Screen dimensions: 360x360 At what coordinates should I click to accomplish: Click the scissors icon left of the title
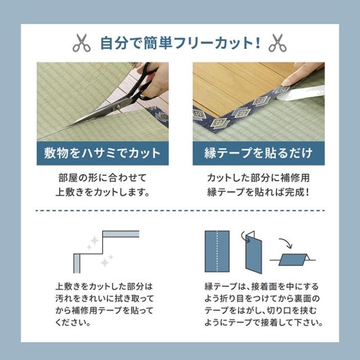[x=81, y=43]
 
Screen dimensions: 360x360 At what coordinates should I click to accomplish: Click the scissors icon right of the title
[x=278, y=43]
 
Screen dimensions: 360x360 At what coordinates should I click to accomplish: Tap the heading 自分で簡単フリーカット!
[x=179, y=43]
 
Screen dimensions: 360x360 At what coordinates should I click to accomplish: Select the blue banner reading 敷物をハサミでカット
[x=102, y=153]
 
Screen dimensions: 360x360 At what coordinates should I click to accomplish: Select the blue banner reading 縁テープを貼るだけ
[x=258, y=153]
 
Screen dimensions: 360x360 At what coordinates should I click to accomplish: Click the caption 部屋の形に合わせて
[x=102, y=178]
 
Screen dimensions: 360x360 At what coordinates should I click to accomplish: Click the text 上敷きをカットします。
[x=102, y=192]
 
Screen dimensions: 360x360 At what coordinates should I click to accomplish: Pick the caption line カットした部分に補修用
[x=258, y=178]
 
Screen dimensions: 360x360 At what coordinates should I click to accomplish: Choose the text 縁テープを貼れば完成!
[x=258, y=192]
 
